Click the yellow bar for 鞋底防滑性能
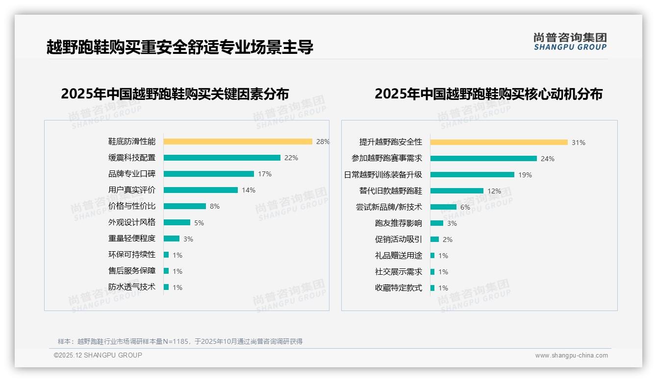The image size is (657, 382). coord(238,142)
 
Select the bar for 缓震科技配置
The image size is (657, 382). coord(222,158)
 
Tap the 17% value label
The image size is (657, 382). coord(265,174)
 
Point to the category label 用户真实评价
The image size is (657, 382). coord(131,190)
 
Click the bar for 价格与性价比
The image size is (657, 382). coord(184,206)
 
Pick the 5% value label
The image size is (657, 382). coord(199,223)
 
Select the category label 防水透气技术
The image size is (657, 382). coord(131,287)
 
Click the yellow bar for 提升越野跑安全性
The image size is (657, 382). coord(499,143)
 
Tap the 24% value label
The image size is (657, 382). coord(548,159)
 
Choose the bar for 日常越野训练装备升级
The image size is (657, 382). coord(472,175)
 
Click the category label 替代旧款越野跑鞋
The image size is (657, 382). coord(390,191)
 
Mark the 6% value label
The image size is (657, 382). coord(465,207)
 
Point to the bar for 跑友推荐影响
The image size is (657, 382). coord(437,223)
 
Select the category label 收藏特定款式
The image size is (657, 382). coord(398,288)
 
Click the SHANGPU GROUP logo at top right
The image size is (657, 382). coord(570,42)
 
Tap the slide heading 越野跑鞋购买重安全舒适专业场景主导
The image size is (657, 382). coord(179,47)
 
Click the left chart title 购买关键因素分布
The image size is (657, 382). coord(175,94)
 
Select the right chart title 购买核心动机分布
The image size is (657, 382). coord(488,94)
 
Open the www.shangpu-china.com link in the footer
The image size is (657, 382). coord(571,356)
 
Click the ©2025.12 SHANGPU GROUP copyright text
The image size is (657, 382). coord(98,355)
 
